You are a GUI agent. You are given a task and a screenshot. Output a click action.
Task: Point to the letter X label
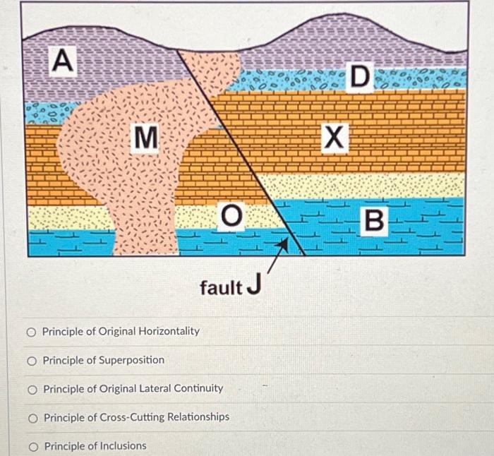(334, 136)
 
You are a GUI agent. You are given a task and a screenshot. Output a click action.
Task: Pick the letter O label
(229, 215)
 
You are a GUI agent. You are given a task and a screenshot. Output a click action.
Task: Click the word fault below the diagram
(221, 287)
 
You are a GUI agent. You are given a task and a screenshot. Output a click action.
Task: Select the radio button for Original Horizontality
(32, 331)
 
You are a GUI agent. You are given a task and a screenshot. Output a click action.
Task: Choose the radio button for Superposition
(32, 361)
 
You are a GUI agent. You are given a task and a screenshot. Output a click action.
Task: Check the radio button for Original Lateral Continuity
(32, 389)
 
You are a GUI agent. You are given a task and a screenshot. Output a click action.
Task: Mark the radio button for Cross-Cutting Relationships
(32, 418)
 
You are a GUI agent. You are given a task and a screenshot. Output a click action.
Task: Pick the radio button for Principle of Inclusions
(32, 446)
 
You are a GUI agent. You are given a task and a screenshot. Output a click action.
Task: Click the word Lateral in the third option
(155, 388)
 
